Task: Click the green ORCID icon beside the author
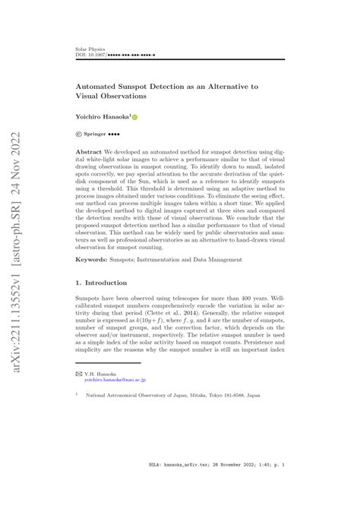point(135,118)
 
